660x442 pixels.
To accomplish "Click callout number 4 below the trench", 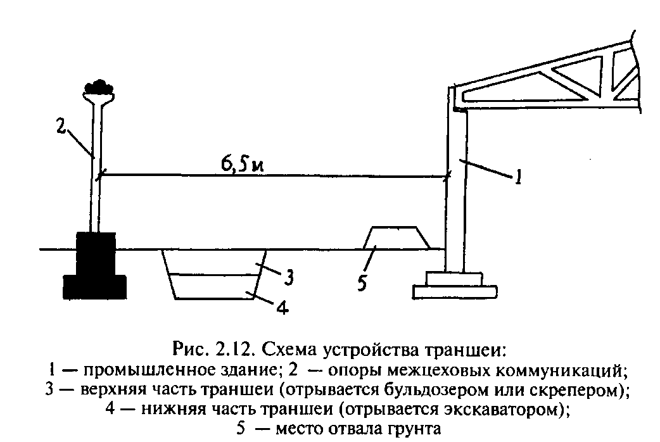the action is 283,309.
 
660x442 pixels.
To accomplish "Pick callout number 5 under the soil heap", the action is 361,282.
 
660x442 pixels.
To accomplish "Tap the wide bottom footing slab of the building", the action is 454,291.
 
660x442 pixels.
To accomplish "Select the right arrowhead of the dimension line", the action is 445,177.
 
